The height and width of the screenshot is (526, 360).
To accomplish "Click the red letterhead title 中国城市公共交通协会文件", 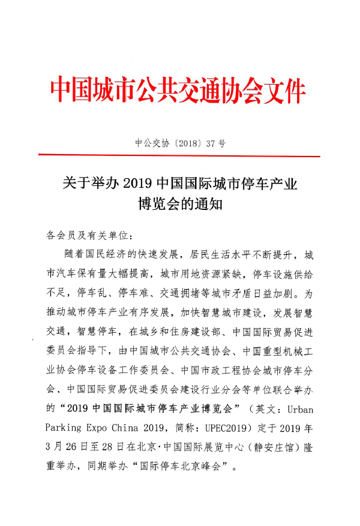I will pyautogui.click(x=178, y=91).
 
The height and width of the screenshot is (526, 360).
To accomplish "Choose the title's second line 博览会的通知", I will pyautogui.click(x=180, y=205).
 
